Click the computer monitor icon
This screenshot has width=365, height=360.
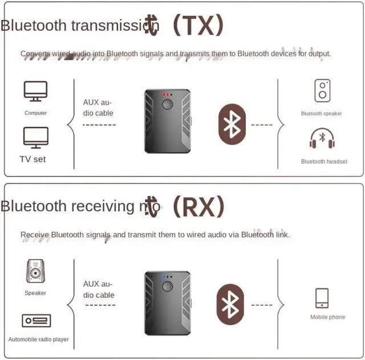click(x=35, y=92)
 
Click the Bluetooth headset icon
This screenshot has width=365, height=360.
click(x=322, y=140)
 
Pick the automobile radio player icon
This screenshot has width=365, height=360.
click(x=36, y=321)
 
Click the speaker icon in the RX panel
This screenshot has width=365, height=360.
click(x=35, y=272)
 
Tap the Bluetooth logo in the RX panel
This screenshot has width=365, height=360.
click(x=230, y=305)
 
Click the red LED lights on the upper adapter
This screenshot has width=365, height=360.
click(x=167, y=94)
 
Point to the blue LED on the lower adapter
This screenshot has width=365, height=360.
click(x=164, y=277)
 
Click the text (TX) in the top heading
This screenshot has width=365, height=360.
click(x=198, y=25)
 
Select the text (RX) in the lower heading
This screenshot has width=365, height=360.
click(x=199, y=206)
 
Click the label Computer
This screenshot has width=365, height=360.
click(x=35, y=113)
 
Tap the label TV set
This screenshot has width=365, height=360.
click(x=33, y=159)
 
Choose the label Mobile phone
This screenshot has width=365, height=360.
click(x=327, y=317)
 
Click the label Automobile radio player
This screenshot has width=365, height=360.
click(x=38, y=339)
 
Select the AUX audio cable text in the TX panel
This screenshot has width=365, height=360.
click(x=98, y=108)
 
